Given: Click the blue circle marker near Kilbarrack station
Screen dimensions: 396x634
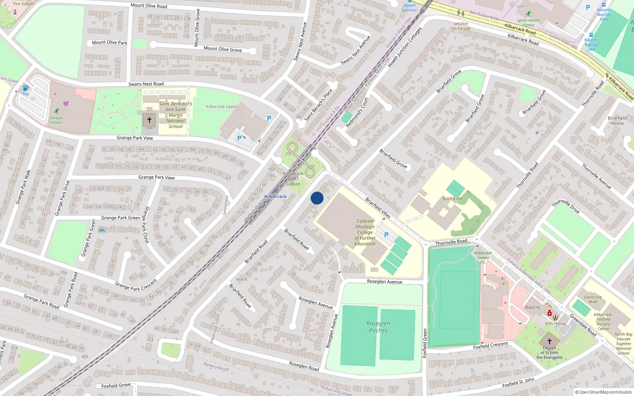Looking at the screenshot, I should click(x=317, y=198).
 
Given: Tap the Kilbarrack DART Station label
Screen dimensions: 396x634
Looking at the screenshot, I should click(x=293, y=179).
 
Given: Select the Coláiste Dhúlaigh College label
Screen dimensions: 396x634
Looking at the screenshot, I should click(x=365, y=232).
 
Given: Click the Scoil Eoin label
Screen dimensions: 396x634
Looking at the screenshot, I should click(x=452, y=198).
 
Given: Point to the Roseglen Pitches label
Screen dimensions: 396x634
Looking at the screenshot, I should click(x=378, y=327).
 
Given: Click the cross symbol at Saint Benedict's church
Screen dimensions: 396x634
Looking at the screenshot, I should click(x=149, y=120).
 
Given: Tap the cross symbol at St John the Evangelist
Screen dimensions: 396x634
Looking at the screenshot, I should click(x=550, y=341).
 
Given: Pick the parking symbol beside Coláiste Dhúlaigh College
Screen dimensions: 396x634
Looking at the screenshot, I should click(x=386, y=235).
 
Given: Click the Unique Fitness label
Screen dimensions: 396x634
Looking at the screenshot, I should click(x=56, y=120).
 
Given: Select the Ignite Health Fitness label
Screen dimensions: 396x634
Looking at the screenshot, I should click(x=528, y=23).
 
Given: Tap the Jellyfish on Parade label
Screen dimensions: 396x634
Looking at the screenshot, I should click(x=461, y=26).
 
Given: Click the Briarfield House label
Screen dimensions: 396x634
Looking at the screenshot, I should click(x=617, y=120).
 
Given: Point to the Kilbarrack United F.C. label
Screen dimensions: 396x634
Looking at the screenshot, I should click(x=483, y=257).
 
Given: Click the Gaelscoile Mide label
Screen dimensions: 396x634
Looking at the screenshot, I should click(x=593, y=299).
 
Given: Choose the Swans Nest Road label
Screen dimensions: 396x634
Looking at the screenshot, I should click(x=146, y=84).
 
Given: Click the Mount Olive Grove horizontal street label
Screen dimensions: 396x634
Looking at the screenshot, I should click(x=223, y=49).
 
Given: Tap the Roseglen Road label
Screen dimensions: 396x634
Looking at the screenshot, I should click(x=304, y=366).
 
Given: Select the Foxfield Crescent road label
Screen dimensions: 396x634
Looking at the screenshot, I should click(x=491, y=345).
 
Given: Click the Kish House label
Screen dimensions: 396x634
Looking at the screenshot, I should click(x=556, y=324).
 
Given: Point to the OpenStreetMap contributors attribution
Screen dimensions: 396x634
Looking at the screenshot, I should click(x=603, y=392).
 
